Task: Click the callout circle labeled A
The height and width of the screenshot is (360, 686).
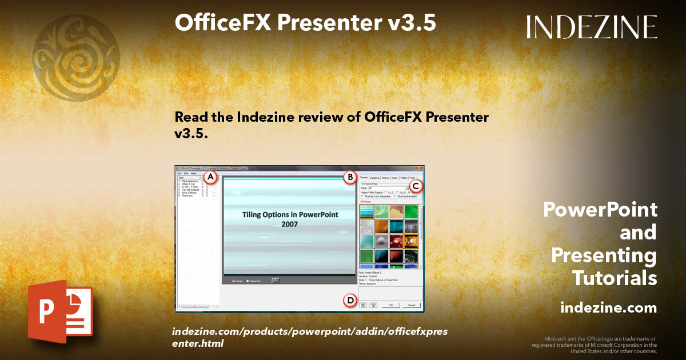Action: pyautogui.click(x=210, y=177)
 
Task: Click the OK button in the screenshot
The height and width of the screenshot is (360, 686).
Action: pyautogui.click(x=391, y=305)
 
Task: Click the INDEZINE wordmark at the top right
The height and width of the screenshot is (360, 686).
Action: pyautogui.click(x=592, y=27)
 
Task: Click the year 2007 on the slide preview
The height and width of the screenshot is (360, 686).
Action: pyautogui.click(x=289, y=225)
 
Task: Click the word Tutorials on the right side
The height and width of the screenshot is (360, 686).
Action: pyautogui.click(x=615, y=278)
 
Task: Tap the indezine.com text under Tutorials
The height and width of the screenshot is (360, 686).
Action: pyautogui.click(x=608, y=308)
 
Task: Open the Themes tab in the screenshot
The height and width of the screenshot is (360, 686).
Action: pyautogui.click(x=363, y=178)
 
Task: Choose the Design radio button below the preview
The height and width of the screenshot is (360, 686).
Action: pyautogui.click(x=234, y=281)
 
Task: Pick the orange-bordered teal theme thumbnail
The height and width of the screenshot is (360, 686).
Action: pyautogui.click(x=367, y=212)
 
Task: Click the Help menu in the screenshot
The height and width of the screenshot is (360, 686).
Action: pyautogui.click(x=193, y=173)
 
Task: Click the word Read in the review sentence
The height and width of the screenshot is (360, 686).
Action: pyautogui.click(x=189, y=118)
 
